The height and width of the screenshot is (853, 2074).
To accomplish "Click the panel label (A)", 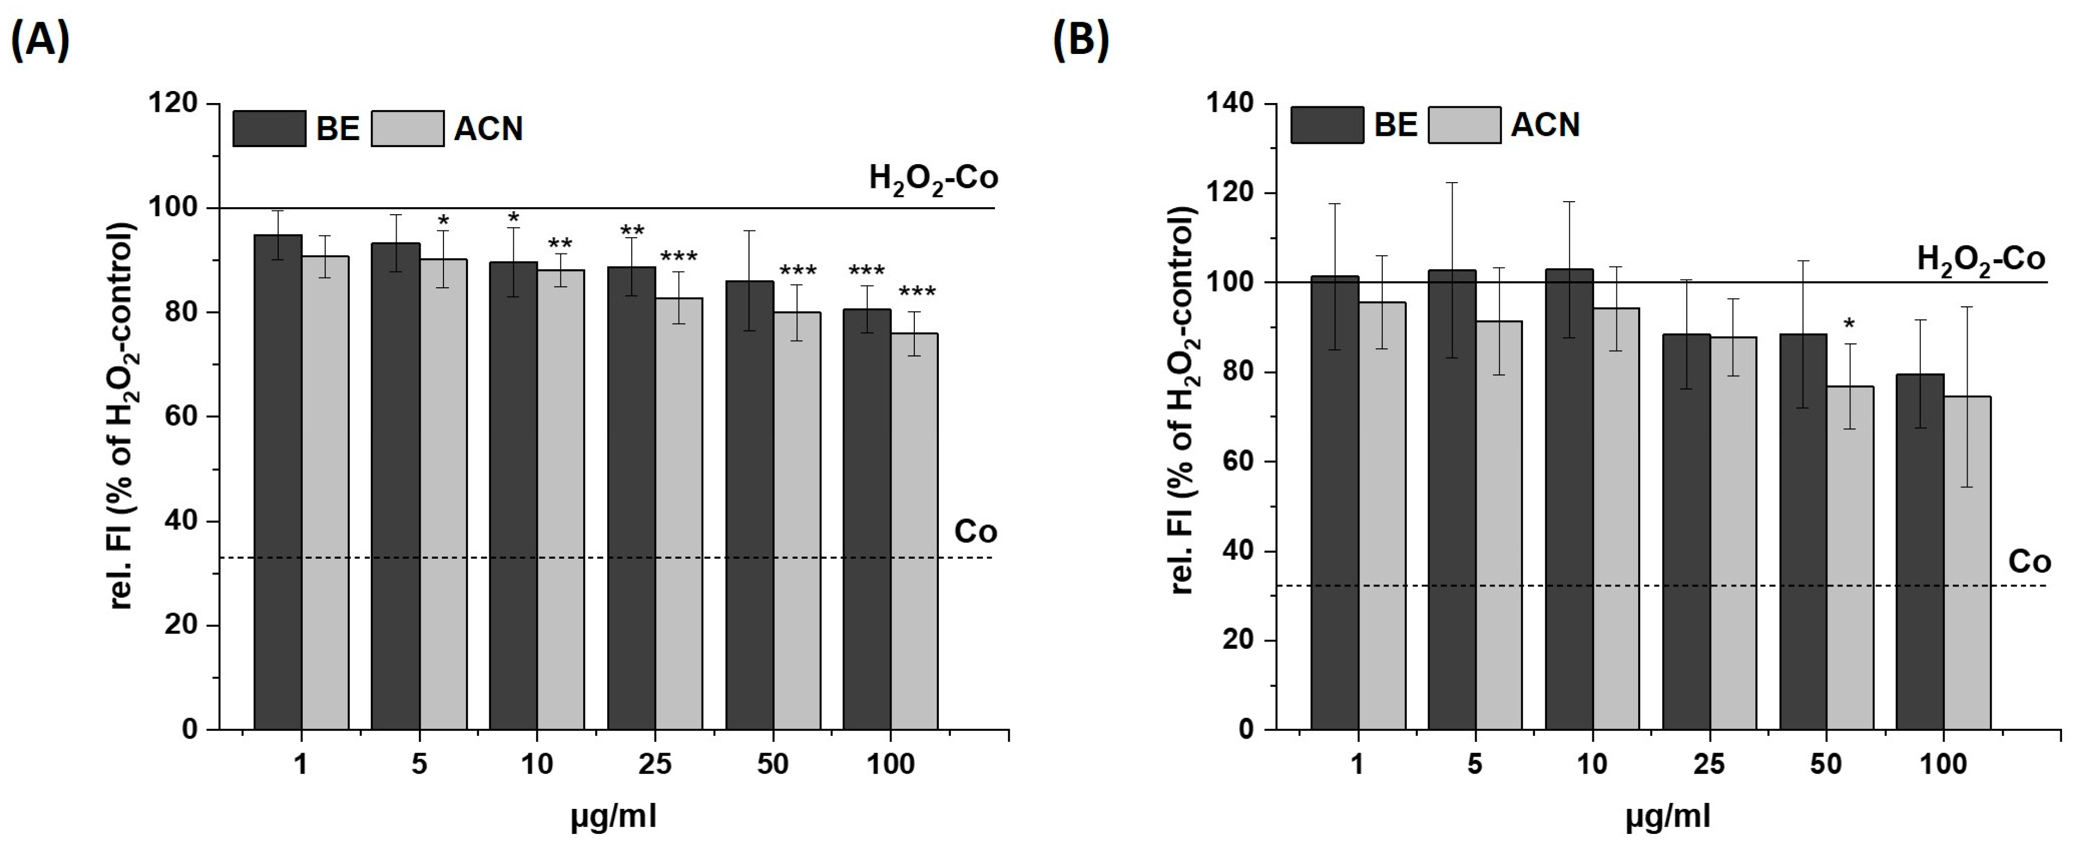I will pos(40,40).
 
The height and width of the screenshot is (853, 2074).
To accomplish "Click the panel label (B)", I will pos(1081,40).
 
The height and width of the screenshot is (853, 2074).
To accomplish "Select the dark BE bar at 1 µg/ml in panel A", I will pos(278,483).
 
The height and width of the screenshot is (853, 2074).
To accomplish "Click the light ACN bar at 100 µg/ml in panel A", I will pos(915,531).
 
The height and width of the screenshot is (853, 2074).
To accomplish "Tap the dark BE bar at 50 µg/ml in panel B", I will pos(1803,531).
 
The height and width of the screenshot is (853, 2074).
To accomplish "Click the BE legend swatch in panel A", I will pos(269,129).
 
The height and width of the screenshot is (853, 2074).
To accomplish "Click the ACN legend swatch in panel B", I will pos(1464,125).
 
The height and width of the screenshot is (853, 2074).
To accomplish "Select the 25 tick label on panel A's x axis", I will pos(655,764).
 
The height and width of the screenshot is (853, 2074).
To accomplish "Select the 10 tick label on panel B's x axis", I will pos(1592,764).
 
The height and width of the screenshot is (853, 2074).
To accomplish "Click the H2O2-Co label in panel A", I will pos(932,178).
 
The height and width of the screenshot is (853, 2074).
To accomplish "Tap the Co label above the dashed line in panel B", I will pos(2029,562).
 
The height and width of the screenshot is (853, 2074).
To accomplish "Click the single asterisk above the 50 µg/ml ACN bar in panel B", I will pos(1849,325).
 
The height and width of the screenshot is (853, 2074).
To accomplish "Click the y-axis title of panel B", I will pos(1183,400).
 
